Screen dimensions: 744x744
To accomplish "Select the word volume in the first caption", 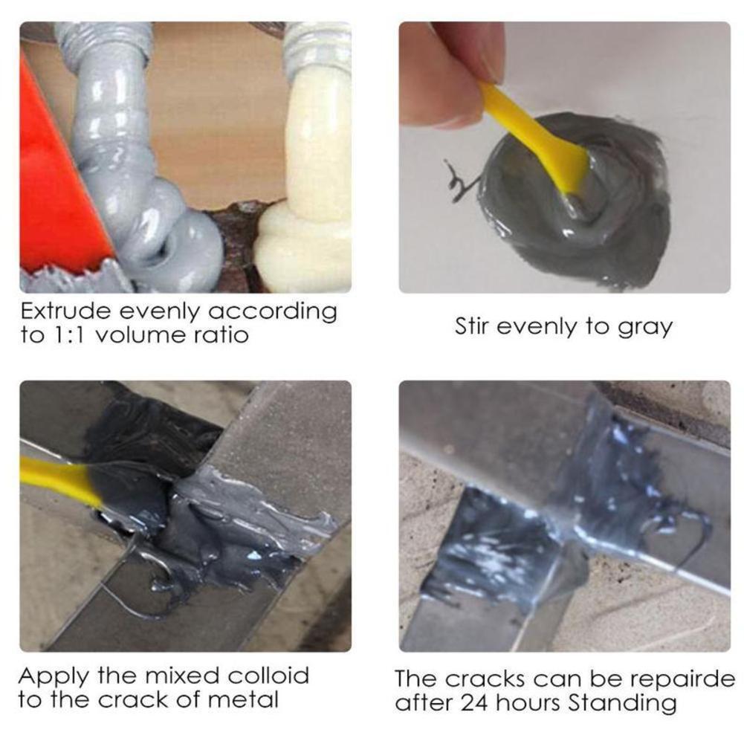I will (141, 335).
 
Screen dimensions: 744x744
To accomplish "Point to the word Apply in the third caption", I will (52, 676).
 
